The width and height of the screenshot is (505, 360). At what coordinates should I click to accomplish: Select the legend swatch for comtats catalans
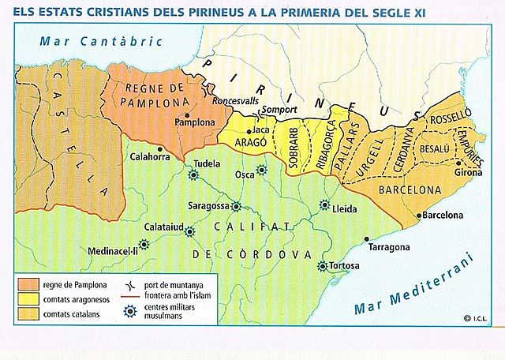31,314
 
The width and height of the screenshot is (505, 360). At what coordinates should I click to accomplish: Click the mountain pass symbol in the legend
126,283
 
